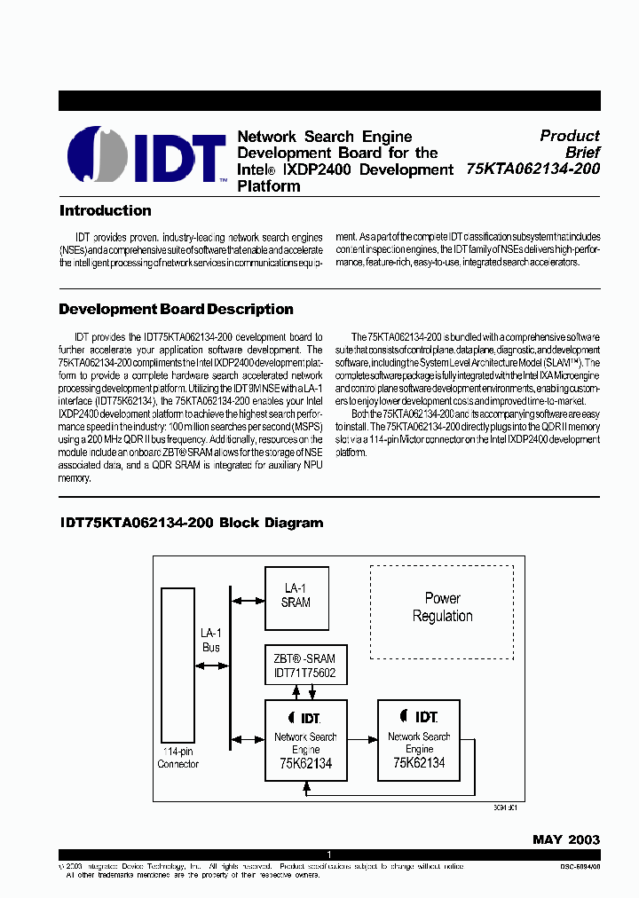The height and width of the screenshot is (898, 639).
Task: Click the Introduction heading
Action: tap(105, 211)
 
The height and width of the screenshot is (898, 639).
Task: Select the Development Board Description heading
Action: tap(176, 310)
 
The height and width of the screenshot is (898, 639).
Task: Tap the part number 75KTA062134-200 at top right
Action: tap(532, 169)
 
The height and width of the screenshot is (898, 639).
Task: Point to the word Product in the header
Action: tap(570, 136)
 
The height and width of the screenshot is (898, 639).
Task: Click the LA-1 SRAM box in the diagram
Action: tap(296, 595)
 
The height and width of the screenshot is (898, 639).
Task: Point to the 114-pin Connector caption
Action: tap(177, 758)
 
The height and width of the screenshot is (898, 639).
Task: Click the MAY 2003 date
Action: tap(566, 839)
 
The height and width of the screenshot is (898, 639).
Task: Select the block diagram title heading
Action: tap(191, 523)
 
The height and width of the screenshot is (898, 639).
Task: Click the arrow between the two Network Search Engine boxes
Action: tap(362, 738)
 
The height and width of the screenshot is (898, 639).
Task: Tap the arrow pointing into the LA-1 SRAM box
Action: tap(248, 601)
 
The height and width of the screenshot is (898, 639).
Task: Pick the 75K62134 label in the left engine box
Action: tap(305, 762)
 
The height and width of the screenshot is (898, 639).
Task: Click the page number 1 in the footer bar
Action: tap(329, 854)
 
